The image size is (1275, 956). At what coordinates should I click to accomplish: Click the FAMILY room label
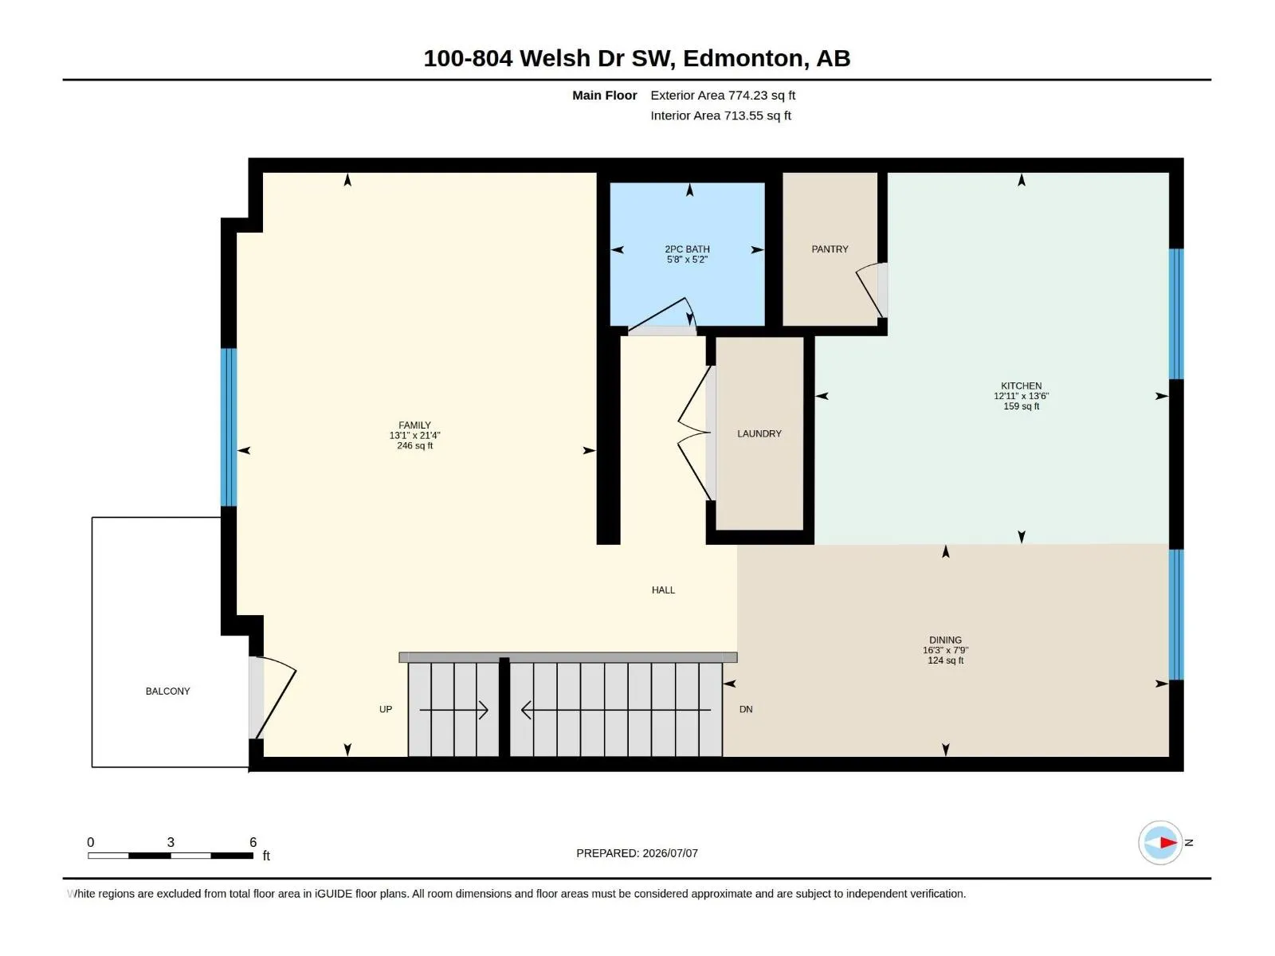point(414,425)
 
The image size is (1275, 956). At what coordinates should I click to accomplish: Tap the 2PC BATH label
point(687,249)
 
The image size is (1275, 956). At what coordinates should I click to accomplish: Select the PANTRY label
point(830,249)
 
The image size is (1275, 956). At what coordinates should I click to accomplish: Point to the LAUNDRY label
point(759,433)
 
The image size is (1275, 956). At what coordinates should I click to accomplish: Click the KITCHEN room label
point(1021,386)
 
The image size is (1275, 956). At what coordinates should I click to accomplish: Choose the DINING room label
point(945,640)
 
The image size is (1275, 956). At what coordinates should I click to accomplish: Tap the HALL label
point(663,590)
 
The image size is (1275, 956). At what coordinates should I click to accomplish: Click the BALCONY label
point(168,691)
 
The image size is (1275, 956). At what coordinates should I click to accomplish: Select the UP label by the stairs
point(385,709)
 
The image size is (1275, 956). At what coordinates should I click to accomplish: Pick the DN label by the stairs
point(746,709)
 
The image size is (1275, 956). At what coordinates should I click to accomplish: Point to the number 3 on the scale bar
point(171,841)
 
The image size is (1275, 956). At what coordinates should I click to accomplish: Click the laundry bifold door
point(694,433)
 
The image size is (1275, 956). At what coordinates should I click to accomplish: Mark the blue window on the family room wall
point(228,427)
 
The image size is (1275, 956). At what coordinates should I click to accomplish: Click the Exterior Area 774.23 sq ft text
point(722,95)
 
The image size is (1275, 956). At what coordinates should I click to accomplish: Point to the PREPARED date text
point(637,852)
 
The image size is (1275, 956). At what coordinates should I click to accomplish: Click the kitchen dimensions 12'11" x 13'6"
point(1021,396)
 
